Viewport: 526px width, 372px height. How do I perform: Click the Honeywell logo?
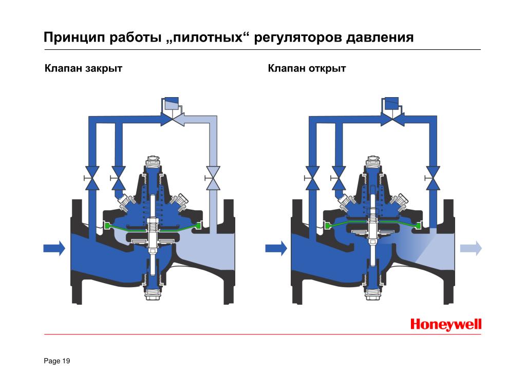click(x=446, y=324)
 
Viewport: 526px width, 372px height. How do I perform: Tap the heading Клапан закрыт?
click(x=84, y=68)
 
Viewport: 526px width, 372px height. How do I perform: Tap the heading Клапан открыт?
click(x=307, y=68)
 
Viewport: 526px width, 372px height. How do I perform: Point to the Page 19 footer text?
click(x=57, y=361)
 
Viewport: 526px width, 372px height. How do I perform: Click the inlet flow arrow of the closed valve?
click(x=54, y=249)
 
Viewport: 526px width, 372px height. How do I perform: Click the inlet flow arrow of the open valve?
click(x=276, y=249)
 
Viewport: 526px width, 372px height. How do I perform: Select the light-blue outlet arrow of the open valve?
click(x=471, y=249)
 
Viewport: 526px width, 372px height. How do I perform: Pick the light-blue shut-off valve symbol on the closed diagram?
click(x=213, y=178)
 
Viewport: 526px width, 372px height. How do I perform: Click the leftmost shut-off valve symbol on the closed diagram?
click(x=91, y=178)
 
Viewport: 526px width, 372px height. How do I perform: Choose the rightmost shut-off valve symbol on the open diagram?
click(x=432, y=178)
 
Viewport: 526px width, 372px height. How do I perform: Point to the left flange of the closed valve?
click(x=77, y=252)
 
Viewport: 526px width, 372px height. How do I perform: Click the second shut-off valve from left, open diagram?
click(x=338, y=178)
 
